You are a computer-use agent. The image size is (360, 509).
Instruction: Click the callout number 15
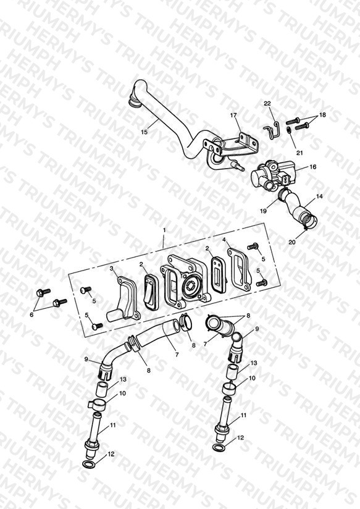click(x=144, y=132)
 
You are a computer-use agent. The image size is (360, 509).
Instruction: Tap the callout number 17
click(x=233, y=115)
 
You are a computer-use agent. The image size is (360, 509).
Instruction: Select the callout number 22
click(x=267, y=104)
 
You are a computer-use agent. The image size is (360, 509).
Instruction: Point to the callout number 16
click(x=312, y=167)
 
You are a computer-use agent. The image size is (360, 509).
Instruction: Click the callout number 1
click(x=164, y=230)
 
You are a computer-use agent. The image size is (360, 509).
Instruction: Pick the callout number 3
click(x=111, y=269)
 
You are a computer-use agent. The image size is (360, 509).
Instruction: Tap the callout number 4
click(x=224, y=240)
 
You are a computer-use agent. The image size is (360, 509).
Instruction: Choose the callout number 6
click(x=31, y=314)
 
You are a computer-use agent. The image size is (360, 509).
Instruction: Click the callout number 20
click(x=292, y=242)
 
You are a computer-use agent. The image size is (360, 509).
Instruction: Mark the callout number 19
click(x=263, y=211)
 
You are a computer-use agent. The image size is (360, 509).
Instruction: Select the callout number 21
click(x=299, y=153)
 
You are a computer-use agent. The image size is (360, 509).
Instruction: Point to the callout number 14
click(x=319, y=196)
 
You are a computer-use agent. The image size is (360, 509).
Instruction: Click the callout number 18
click(x=322, y=115)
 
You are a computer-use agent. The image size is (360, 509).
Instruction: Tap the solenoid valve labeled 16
click(x=272, y=174)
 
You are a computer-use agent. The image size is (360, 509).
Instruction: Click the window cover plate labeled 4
click(x=240, y=269)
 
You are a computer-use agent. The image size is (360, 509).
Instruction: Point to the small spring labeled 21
click(x=288, y=131)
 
